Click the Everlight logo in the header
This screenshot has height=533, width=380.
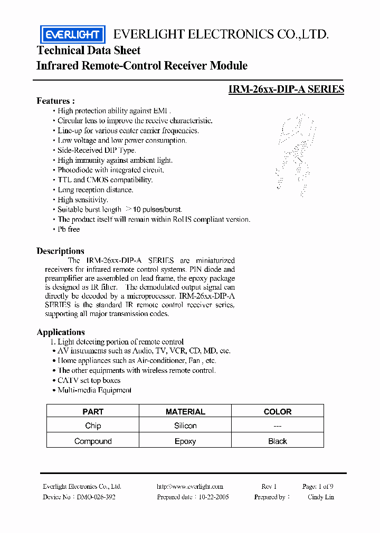[73, 35]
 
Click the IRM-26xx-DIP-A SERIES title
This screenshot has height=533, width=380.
[286, 89]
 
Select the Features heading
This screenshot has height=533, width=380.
[55, 101]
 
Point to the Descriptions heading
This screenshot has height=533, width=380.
[60, 251]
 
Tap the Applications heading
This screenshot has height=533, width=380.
[61, 332]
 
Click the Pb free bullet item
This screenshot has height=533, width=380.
[69, 229]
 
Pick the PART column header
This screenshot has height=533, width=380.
[93, 412]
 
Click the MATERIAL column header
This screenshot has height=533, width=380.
[185, 412]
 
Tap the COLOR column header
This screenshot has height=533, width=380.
[277, 412]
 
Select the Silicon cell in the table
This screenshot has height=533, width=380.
[185, 426]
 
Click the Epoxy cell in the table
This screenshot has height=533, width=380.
[185, 441]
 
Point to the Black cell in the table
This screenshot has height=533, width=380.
[277, 441]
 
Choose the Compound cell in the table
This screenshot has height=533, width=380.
[93, 441]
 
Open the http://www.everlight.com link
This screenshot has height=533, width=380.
[190, 487]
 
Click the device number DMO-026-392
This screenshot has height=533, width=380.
[96, 497]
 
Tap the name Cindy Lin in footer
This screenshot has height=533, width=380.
[320, 497]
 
